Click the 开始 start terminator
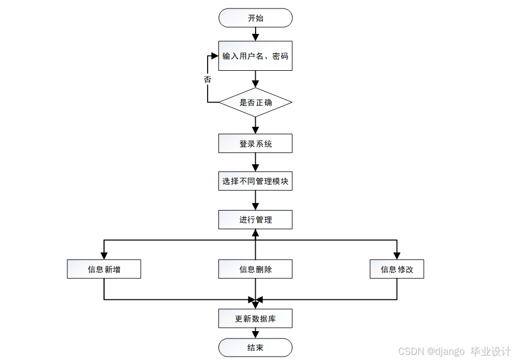[255, 18]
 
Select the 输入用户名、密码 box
[255, 56]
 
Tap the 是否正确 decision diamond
[255, 102]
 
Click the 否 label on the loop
[208, 80]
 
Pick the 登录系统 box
[255, 144]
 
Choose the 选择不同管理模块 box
[255, 182]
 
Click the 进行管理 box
[255, 220]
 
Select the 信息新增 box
[104, 269]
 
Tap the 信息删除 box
[255, 269]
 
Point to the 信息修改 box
[396, 269]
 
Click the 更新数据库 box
[255, 319]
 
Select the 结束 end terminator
[255, 348]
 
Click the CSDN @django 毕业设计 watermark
[454, 352]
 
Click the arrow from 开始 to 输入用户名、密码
[255, 34]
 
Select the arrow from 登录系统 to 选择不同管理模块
[255, 162]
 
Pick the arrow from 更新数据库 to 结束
[255, 333]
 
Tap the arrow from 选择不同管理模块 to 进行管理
[255, 200]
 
